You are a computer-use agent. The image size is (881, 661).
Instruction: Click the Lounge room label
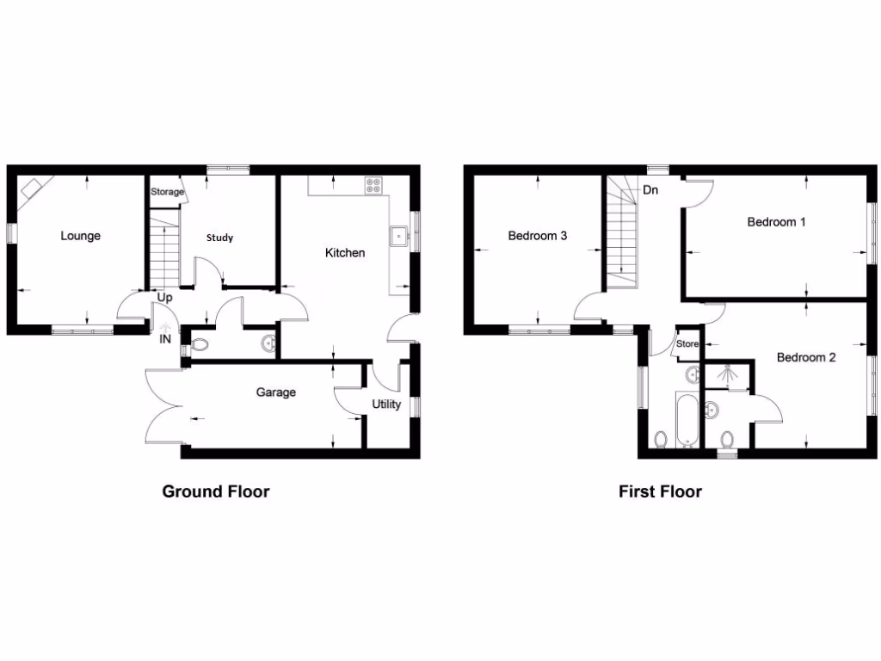[x=80, y=236]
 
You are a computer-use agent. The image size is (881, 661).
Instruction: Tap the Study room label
[x=219, y=238]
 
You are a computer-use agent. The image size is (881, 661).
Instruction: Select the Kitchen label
[x=344, y=253]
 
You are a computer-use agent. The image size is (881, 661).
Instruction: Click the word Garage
[x=275, y=392]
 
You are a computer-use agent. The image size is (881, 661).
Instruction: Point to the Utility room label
[x=386, y=405]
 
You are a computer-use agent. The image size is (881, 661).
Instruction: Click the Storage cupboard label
[x=167, y=192]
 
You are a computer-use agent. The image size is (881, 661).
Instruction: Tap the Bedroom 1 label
[x=776, y=222]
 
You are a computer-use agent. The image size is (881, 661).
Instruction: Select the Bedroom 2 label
[x=805, y=357]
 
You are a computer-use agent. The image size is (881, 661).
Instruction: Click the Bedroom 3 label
[x=537, y=236]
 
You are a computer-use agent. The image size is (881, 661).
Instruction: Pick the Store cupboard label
[x=687, y=344]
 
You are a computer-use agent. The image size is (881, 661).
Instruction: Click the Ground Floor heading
[x=216, y=492]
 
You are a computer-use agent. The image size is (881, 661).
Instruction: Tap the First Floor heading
[x=660, y=492]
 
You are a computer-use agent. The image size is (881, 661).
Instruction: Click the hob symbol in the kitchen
[x=374, y=184]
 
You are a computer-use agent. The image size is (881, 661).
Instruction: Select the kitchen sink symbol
[x=399, y=235]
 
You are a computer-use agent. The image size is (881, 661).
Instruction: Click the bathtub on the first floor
[x=686, y=420]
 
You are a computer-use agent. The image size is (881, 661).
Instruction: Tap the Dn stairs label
[x=650, y=190]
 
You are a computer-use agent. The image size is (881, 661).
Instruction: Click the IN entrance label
[x=165, y=340]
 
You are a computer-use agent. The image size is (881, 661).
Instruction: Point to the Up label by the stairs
[x=165, y=297]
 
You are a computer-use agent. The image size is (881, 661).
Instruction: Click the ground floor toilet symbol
[x=200, y=345]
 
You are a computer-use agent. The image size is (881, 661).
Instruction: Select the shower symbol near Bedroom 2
[x=727, y=375]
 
